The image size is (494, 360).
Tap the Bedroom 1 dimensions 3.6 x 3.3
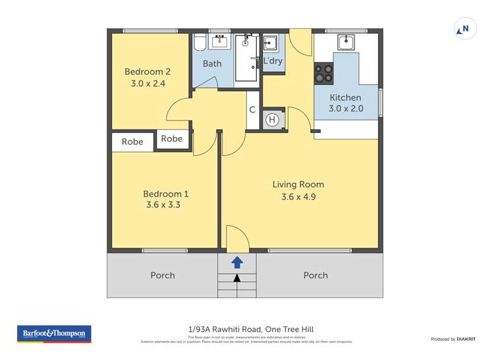166,205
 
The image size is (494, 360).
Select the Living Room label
298,184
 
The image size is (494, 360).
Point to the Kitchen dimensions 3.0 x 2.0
346,109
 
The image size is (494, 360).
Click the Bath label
212,64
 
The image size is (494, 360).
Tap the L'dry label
273,61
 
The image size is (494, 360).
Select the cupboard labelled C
252,111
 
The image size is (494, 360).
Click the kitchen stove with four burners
323,73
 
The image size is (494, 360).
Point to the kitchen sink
346,42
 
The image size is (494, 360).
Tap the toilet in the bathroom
200,43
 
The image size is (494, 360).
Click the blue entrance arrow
237,263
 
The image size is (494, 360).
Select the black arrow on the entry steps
237,278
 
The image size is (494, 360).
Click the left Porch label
163,275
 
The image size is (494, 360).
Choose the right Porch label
316,275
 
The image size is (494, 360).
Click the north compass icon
465,29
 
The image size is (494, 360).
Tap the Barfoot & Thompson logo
53,334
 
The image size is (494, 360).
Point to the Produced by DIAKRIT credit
454,339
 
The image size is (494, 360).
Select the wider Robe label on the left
132,141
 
